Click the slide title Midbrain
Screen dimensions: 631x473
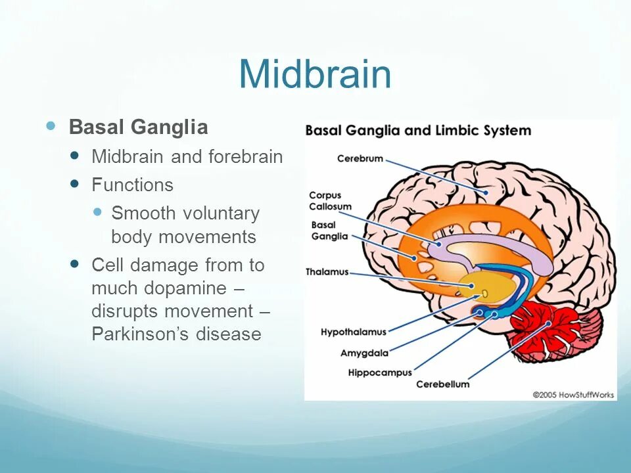pyautogui.click(x=315, y=74)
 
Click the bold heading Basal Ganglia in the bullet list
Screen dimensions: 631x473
pyautogui.click(x=138, y=127)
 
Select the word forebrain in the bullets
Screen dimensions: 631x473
pyautogui.click(x=246, y=157)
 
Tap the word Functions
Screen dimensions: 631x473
pyautogui.click(x=132, y=185)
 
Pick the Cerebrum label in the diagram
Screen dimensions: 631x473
pyautogui.click(x=360, y=159)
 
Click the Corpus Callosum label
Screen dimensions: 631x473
pyautogui.click(x=330, y=201)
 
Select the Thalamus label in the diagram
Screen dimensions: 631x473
pyautogui.click(x=327, y=272)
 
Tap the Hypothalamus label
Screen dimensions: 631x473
pyautogui.click(x=353, y=332)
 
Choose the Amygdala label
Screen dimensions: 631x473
pyautogui.click(x=364, y=353)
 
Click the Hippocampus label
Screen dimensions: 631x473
pyautogui.click(x=379, y=372)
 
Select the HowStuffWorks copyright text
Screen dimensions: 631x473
pyautogui.click(x=573, y=395)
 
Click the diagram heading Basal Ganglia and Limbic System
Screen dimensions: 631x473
pyautogui.click(x=417, y=130)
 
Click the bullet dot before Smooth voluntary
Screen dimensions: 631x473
pyautogui.click(x=98, y=212)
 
